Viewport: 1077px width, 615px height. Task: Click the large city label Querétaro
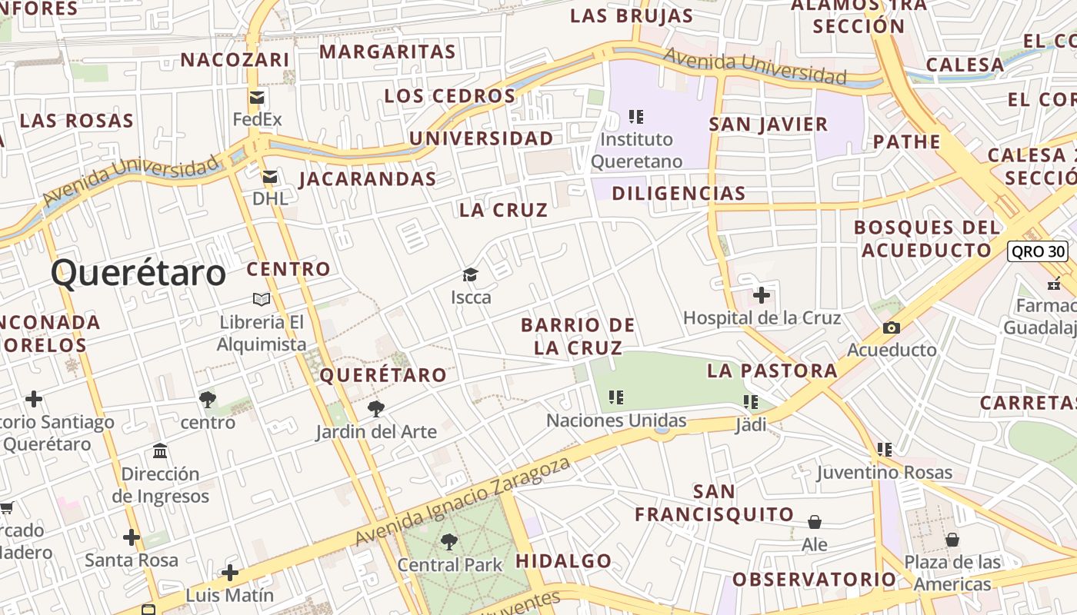138,273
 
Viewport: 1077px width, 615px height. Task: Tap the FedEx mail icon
257,98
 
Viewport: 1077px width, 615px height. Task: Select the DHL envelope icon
269,178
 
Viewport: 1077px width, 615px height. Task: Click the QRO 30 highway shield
1038,251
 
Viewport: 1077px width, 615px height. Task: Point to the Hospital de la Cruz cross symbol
762,294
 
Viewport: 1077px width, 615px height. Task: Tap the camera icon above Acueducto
892,328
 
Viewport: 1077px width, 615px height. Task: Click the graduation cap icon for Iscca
470,275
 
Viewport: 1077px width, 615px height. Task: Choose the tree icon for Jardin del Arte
375,409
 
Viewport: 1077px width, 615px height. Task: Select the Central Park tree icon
448,543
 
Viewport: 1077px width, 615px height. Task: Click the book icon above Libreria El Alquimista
262,299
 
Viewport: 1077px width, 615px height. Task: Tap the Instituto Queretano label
636,151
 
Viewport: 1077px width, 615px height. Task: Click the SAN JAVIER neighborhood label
768,125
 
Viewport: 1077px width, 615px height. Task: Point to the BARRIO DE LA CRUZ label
578,336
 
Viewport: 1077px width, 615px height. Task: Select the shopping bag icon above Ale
815,523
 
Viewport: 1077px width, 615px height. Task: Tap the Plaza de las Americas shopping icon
952,540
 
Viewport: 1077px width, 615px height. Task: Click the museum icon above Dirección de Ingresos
160,450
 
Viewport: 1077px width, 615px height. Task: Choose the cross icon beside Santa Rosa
132,537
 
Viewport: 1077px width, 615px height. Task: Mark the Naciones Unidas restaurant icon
615,397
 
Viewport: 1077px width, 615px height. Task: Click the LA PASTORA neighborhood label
772,371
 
